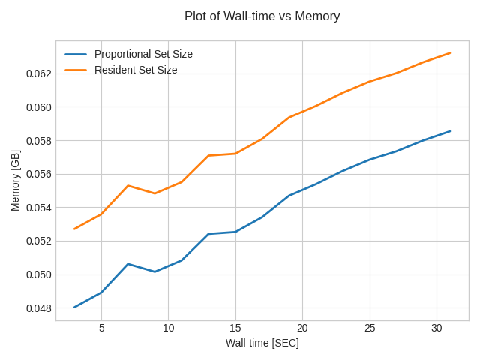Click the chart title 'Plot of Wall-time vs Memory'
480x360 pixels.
tap(262, 16)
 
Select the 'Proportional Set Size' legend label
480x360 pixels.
tap(143, 54)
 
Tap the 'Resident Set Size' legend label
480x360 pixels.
tap(136, 70)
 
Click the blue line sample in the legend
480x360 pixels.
tap(76, 54)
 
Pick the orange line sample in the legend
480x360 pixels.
tap(76, 70)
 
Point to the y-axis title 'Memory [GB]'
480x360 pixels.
tap(16, 180)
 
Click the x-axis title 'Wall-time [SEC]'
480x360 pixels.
tap(262, 343)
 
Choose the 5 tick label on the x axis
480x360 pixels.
tap(101, 328)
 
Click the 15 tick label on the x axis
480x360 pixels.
tap(235, 328)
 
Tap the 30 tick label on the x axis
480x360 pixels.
tap(436, 328)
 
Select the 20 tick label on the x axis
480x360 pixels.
tap(302, 328)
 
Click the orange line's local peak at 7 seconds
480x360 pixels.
tap(128, 185)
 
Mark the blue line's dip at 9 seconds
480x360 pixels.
tap(155, 271)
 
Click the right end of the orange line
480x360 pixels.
tap(450, 52)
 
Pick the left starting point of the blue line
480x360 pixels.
tap(74, 307)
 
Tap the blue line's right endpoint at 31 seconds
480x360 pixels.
tap(450, 131)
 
